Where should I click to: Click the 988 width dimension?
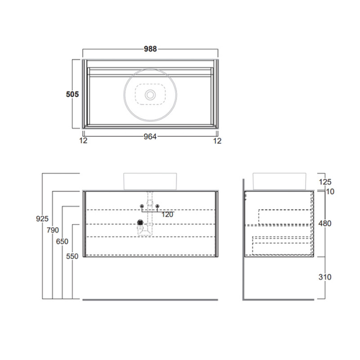point(150,49)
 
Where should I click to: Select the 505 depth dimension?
point(72,94)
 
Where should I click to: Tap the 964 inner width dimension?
point(150,137)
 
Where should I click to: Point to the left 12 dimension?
point(83,140)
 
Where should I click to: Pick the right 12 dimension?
point(217,141)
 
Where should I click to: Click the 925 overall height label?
point(42,219)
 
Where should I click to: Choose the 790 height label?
point(53,230)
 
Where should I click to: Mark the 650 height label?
point(62,242)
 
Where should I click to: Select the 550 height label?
point(72,256)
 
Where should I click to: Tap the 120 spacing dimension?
point(167,215)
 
